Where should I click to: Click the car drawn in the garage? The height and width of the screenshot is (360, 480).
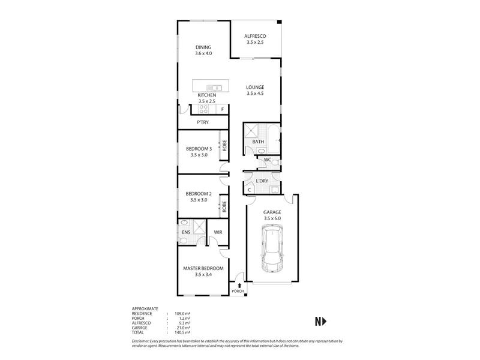tap(272, 248)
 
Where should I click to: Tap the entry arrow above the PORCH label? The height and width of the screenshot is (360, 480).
tap(239, 286)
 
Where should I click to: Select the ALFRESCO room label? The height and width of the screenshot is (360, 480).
tap(255, 36)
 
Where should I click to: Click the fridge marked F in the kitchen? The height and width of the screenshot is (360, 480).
tap(222, 109)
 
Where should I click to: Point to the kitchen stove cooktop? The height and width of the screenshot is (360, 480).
tap(203, 109)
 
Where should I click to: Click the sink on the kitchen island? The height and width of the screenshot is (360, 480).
tap(214, 88)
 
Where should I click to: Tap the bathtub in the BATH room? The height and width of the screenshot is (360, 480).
tap(274, 139)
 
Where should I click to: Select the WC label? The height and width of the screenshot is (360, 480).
tap(267, 160)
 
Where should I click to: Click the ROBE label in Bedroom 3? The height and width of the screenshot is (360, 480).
tap(224, 145)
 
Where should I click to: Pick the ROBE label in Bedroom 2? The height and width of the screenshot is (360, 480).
tap(224, 206)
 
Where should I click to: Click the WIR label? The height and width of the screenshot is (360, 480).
tap(218, 232)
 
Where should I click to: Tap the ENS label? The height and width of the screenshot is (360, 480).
tap(186, 232)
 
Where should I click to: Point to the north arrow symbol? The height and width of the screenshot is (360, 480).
tap(321, 322)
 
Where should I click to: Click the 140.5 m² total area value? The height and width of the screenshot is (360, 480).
tap(183, 332)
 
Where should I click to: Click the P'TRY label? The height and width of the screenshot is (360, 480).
tap(203, 122)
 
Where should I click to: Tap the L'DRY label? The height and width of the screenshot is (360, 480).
tap(262, 181)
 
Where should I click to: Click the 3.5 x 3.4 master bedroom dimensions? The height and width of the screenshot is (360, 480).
tap(203, 275)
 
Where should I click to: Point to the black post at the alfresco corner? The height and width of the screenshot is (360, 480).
tap(279, 22)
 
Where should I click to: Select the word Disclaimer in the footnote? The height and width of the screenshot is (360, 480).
tap(140, 341)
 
